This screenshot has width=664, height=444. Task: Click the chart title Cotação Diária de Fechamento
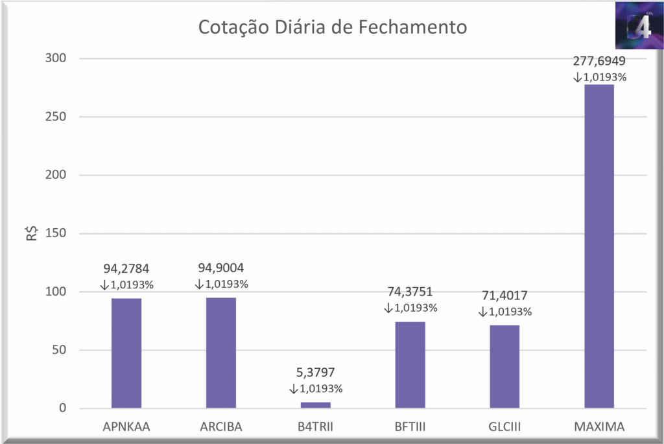(332, 28)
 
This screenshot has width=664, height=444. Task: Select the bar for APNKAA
(126, 353)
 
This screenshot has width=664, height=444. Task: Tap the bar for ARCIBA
(221, 353)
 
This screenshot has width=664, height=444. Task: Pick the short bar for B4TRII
(316, 405)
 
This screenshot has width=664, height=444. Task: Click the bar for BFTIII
(410, 364)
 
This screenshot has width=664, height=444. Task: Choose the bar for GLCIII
(504, 366)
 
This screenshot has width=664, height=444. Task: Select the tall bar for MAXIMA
(599, 246)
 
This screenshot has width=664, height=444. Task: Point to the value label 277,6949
(599, 62)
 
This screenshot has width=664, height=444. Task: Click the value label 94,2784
(126, 268)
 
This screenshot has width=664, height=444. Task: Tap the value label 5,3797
(316, 373)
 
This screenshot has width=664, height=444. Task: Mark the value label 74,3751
(410, 292)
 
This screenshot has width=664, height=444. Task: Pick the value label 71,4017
(504, 296)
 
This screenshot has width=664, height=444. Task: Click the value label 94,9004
(221, 268)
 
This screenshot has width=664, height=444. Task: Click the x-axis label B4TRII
(316, 427)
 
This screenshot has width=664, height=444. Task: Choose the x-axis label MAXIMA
(599, 427)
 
